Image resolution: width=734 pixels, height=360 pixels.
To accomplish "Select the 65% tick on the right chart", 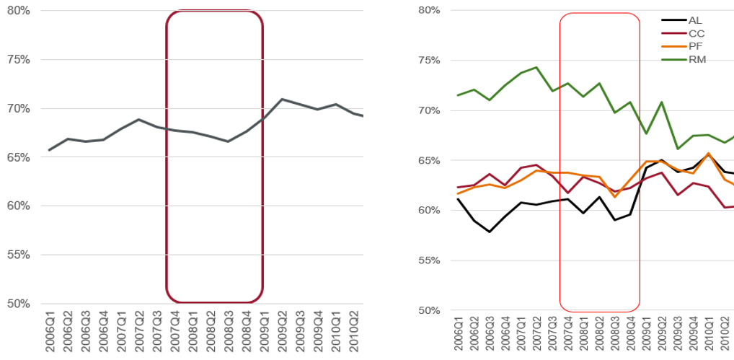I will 428,160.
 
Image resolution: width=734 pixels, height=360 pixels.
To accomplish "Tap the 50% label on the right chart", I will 428,311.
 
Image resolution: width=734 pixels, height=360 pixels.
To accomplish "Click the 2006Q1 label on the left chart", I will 49,333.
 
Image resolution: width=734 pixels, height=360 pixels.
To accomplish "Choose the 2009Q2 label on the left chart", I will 282,333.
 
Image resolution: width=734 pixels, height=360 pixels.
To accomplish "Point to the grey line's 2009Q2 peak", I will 282,99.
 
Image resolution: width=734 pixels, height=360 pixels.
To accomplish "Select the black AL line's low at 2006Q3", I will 490,232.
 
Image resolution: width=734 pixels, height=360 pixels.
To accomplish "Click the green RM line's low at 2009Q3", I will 677,149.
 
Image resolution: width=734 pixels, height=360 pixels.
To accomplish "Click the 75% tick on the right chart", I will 428,60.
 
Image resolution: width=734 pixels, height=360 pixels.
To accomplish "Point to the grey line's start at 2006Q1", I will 49,150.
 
